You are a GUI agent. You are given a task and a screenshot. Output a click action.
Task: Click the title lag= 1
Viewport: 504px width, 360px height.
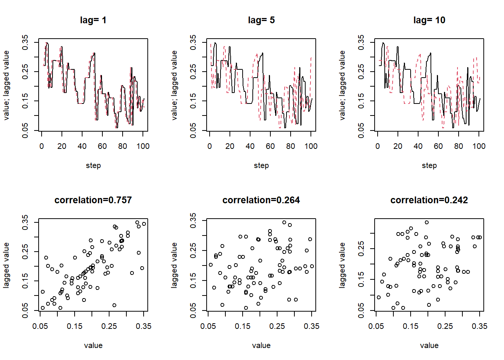pos(93,20)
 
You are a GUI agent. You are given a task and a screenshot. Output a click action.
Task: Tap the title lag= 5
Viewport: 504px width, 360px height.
pos(261,20)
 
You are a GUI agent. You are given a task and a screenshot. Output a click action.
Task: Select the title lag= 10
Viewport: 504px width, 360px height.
pos(429,20)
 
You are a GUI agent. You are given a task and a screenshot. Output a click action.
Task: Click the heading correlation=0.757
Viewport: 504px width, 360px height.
pos(93,200)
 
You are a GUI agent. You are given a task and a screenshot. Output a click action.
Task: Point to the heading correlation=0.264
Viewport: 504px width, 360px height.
pos(261,200)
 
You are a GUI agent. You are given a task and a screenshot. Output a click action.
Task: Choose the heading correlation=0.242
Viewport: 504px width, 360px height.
pos(429,200)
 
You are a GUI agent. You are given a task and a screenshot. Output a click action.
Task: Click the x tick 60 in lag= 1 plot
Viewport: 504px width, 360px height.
pos(102,146)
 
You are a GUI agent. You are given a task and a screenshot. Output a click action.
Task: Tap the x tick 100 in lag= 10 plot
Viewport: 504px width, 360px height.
pos(478,146)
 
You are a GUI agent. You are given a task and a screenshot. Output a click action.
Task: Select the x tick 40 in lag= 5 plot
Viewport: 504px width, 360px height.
pos(250,146)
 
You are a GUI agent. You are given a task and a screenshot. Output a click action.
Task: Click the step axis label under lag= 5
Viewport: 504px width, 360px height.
pos(261,165)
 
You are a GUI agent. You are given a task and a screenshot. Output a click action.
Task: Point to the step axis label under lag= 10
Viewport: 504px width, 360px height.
pos(429,165)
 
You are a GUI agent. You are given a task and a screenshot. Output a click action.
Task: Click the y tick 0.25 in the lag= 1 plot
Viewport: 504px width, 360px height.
pos(25,72)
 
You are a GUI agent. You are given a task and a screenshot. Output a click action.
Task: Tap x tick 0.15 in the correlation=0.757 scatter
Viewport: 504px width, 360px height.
pos(75,326)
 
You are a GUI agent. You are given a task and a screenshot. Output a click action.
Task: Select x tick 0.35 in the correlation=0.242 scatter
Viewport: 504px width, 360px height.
pos(479,326)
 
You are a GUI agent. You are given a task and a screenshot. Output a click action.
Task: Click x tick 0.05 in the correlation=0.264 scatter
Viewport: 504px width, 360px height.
pos(208,326)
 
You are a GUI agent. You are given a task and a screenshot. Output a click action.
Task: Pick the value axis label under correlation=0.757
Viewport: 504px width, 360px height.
pos(93,345)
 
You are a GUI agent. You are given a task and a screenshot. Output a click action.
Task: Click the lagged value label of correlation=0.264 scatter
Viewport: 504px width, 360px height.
pos(174,265)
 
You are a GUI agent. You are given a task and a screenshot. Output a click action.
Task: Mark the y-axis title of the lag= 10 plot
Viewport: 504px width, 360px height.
pos(342,85)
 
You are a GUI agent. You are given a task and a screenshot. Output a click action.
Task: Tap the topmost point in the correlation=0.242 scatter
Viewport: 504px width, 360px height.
pos(427,222)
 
